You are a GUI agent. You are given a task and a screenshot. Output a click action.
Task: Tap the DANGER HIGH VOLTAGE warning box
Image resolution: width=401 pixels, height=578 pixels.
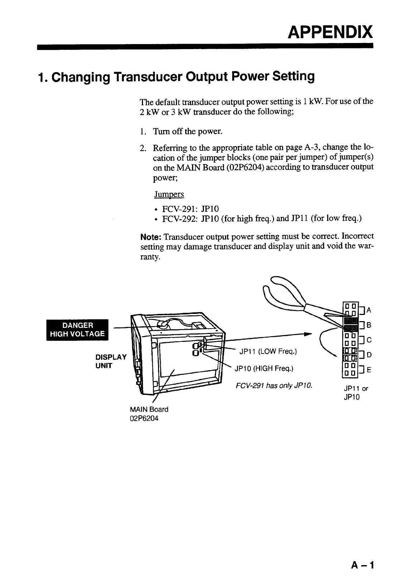click(78, 329)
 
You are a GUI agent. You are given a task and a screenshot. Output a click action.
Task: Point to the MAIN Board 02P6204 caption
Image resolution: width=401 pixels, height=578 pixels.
click(149, 413)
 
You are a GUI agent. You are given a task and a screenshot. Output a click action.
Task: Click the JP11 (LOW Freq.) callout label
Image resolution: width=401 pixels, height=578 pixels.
click(268, 352)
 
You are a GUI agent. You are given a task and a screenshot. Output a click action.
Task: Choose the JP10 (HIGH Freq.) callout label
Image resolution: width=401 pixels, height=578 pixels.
click(264, 368)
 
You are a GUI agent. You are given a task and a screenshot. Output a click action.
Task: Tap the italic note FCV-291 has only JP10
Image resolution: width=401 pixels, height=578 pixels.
click(274, 386)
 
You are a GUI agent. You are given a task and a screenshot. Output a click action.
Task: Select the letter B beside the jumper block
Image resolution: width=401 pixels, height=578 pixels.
click(369, 325)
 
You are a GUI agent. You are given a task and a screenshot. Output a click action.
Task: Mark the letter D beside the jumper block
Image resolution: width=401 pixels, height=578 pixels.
click(369, 355)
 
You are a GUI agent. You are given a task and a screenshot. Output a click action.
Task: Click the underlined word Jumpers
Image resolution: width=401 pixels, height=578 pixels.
click(169, 194)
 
